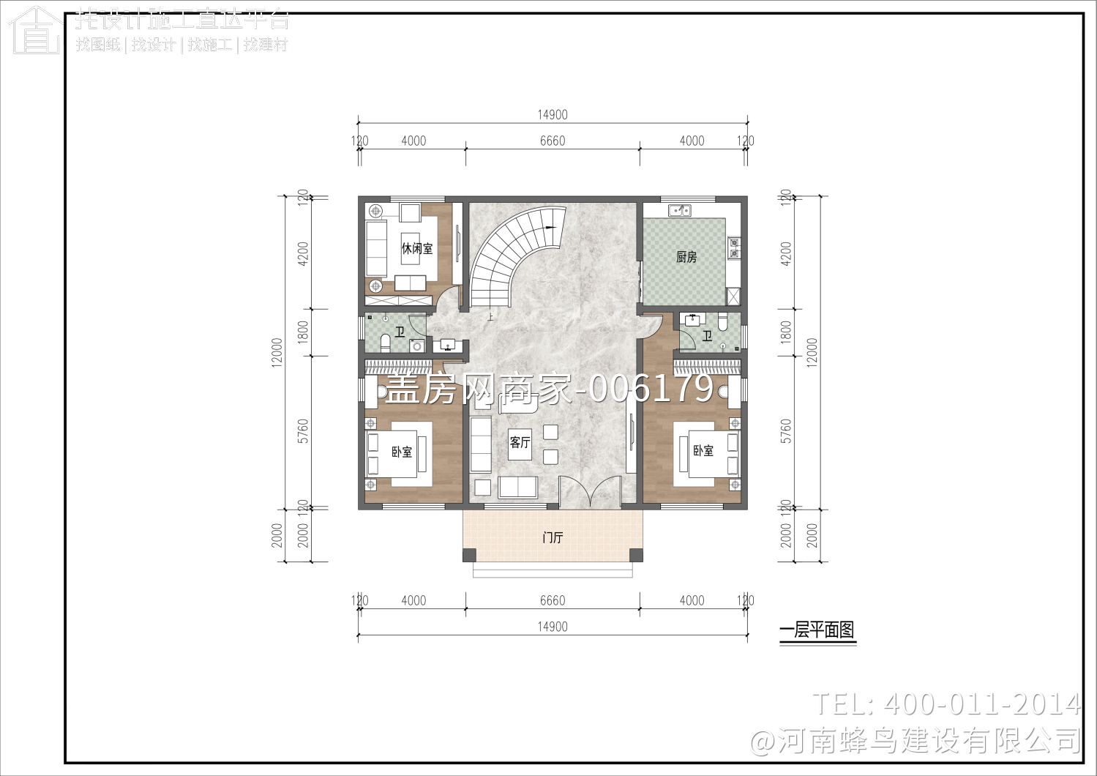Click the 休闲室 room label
click(416, 249)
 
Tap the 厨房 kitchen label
click(686, 257)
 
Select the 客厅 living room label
click(520, 442)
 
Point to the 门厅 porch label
click(553, 537)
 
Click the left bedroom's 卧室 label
click(402, 452)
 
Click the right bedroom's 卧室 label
click(703, 451)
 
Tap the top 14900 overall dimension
click(553, 115)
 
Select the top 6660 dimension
click(553, 141)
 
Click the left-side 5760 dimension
click(303, 431)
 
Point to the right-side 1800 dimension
click(786, 332)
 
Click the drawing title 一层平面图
click(817, 630)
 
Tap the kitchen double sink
click(680, 211)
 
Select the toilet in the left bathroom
click(386, 344)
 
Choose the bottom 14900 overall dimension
click(553, 627)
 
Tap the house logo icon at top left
click(35, 31)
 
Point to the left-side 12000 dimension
click(277, 352)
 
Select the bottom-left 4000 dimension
click(413, 600)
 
